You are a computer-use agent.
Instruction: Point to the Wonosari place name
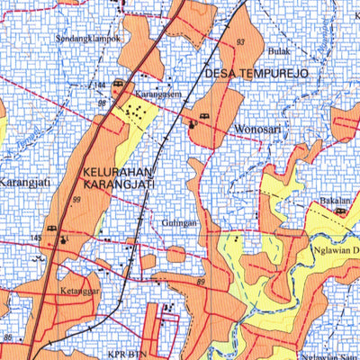tap(257, 130)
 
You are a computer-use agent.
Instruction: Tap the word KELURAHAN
tap(117, 170)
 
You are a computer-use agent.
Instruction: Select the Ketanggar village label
tap(80, 292)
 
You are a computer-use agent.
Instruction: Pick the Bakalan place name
tap(333, 202)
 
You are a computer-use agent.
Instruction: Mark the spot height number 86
tap(7, 337)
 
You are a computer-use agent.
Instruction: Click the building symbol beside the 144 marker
tap(118, 86)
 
